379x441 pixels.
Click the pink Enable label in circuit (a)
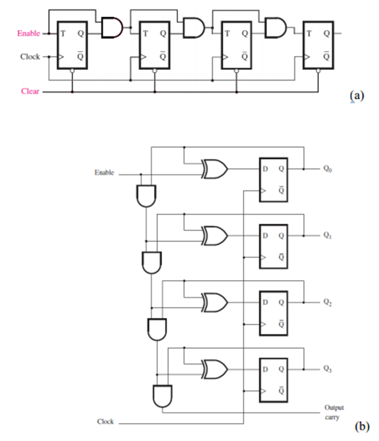coord(28,33)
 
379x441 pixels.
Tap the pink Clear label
coord(30,91)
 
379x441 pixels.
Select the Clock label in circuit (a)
coord(30,56)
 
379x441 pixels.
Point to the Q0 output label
coord(328,168)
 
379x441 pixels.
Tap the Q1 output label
coord(328,236)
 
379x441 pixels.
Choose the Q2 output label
coord(328,303)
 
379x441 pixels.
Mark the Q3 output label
coord(328,369)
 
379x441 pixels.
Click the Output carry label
coord(334,412)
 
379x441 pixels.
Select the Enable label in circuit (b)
coord(105,173)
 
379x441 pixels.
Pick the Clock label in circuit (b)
coord(105,422)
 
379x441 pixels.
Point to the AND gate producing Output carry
coord(162,396)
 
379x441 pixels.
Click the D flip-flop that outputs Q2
coord(273,313)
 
